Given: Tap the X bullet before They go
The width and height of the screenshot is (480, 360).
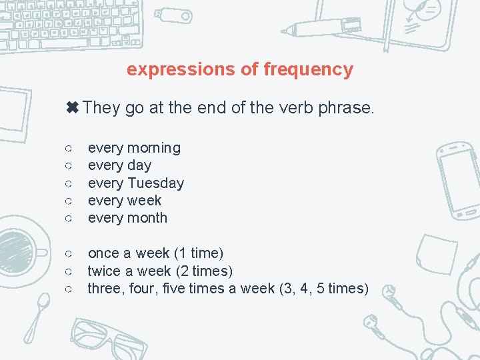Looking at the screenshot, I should (72, 107).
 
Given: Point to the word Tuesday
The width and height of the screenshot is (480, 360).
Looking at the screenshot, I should (155, 183).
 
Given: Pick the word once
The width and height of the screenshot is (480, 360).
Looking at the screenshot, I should (105, 253).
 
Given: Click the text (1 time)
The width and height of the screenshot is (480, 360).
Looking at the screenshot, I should (198, 253).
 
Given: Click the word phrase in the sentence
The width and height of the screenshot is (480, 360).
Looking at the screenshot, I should (348, 107).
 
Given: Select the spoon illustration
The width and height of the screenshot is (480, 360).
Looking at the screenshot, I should (36, 317).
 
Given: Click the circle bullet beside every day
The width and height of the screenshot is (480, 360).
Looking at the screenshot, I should (69, 165).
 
